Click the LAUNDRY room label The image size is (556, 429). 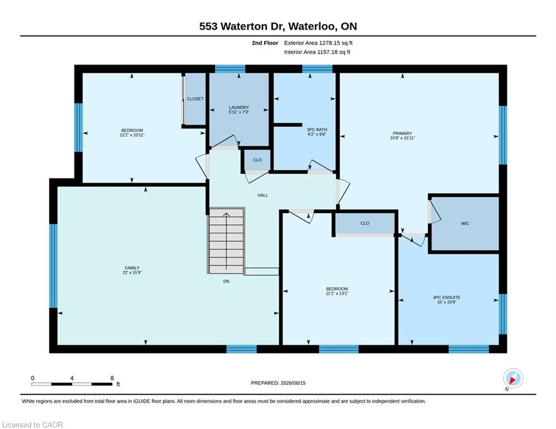pos(239,107)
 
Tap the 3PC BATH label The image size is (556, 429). pos(317,130)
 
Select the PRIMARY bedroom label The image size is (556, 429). pos(402,134)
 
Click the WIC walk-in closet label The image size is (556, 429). pos(465,223)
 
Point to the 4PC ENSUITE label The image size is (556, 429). pos(446,298)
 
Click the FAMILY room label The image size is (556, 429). pos(132,268)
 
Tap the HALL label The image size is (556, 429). pos(263,195)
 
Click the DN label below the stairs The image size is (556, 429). pos(226,281)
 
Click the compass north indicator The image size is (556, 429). pos(513,379)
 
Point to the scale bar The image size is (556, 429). pos(72,384)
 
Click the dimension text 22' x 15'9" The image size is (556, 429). pos(132,273)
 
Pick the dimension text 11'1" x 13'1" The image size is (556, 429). pos(337,294)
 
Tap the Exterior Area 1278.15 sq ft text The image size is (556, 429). pos(318,43)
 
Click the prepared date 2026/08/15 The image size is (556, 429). pos(293,383)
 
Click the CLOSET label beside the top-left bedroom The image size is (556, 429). pos(195,98)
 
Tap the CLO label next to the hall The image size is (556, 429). pos(257,160)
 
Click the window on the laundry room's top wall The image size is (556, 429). pos(230,69)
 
